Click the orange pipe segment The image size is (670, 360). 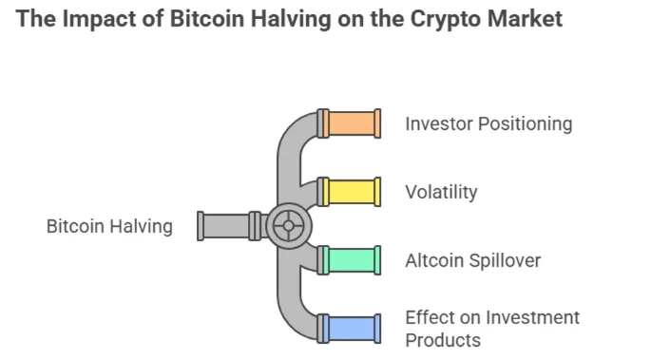pos(352,123)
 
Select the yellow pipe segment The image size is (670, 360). pos(352,192)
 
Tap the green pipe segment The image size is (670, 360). pos(352,259)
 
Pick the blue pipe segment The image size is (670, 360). pos(352,329)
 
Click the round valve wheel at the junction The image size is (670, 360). pos(289,226)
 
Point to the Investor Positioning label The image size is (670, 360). pos(488,123)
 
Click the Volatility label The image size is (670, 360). pos(441,192)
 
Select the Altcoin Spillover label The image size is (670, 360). pos(472,259)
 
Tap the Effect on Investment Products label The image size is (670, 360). pos(491,329)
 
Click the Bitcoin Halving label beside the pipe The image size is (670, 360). pos(109,226)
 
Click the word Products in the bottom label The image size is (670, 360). pos(443,340)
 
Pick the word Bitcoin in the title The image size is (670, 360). pos(201,18)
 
